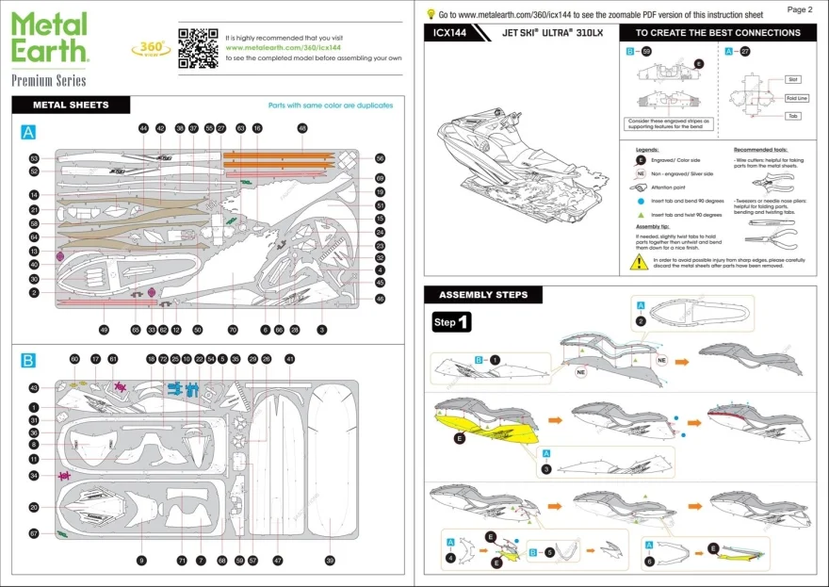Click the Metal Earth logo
(x=49, y=38)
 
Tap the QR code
(x=198, y=48)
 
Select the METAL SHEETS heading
(x=71, y=105)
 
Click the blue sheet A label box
(x=28, y=134)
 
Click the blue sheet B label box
(x=28, y=361)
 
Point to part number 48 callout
(x=302, y=127)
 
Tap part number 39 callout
(x=330, y=561)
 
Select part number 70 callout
(x=233, y=330)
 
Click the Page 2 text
(x=799, y=8)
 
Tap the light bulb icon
(x=431, y=14)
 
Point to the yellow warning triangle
(x=640, y=262)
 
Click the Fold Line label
(x=797, y=98)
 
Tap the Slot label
(x=794, y=79)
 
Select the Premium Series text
(x=49, y=80)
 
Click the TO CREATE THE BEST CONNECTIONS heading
(x=718, y=32)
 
